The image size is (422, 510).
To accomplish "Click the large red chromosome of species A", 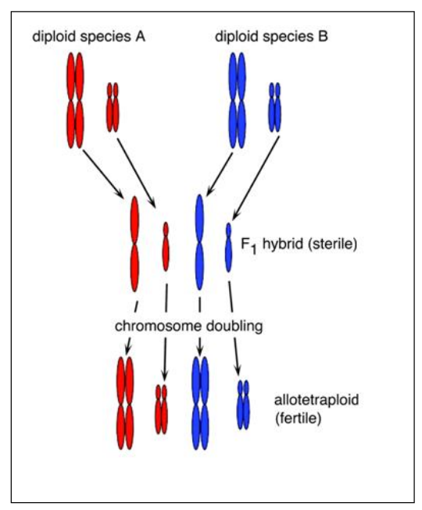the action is (76, 101).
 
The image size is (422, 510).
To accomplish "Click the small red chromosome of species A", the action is (113, 107).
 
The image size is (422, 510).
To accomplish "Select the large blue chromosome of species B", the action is (238, 101).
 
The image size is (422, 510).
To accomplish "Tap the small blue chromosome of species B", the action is (274, 107).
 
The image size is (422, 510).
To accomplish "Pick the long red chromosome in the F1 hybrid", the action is (134, 244).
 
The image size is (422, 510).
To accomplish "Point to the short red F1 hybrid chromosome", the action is (166, 247).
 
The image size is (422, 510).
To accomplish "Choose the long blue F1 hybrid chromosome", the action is (199, 242).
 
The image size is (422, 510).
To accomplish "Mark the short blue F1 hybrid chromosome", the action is (228, 248).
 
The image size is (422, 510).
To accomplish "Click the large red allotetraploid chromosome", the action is (125, 403).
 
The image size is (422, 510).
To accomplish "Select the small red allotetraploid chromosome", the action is (162, 409).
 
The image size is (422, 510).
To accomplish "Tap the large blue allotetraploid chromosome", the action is (200, 403).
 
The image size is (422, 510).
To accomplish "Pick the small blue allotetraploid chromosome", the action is (243, 405).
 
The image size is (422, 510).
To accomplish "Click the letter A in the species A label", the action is (140, 37).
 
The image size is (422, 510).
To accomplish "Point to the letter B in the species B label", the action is (323, 37).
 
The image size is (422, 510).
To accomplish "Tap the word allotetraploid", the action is (316, 400).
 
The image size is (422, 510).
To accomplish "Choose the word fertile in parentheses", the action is (299, 418).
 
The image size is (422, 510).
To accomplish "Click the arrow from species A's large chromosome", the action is (103, 174).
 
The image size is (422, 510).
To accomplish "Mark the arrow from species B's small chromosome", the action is (256, 178).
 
